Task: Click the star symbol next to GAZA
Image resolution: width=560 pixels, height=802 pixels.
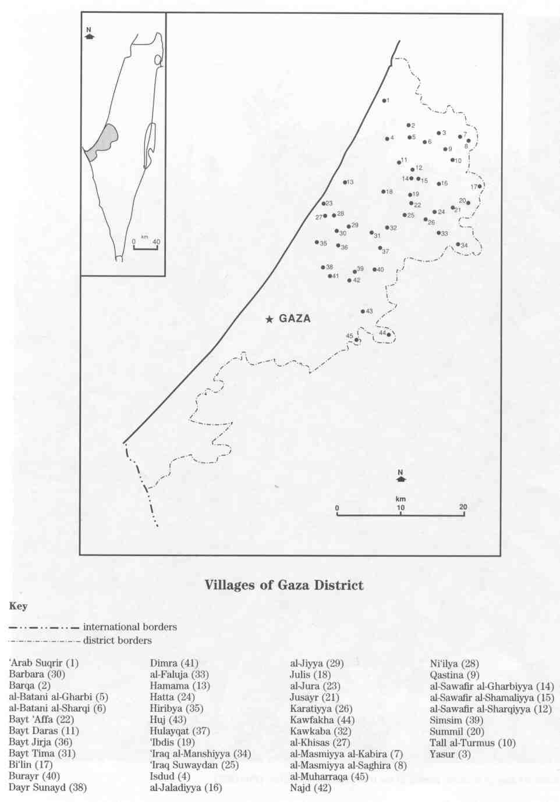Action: point(269,319)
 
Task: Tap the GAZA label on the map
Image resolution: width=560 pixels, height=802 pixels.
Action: point(295,319)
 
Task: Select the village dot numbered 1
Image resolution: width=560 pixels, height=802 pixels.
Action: point(384,101)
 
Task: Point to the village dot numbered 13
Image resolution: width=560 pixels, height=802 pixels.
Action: point(345,183)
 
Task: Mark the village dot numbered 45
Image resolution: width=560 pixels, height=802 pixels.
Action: point(356,340)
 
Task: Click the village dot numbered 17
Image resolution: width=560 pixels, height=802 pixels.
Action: point(480,186)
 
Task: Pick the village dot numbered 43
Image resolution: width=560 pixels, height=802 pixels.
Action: point(363,312)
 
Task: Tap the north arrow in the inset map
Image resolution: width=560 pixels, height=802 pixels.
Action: point(89,35)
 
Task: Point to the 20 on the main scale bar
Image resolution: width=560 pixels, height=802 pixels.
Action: point(463,507)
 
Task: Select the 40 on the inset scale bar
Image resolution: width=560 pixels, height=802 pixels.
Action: point(156,242)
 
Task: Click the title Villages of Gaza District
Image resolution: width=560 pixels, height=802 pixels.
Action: point(284,585)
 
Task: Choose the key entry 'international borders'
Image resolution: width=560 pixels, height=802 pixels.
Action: point(130,627)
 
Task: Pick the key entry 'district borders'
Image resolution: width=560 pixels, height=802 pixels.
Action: point(117,640)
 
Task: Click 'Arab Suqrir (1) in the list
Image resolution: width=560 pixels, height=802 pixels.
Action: point(44,663)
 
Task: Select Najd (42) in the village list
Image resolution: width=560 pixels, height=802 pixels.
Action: point(310,788)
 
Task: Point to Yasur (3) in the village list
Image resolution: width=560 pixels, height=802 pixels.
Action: point(450,754)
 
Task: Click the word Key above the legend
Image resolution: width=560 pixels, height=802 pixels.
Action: point(18,606)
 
